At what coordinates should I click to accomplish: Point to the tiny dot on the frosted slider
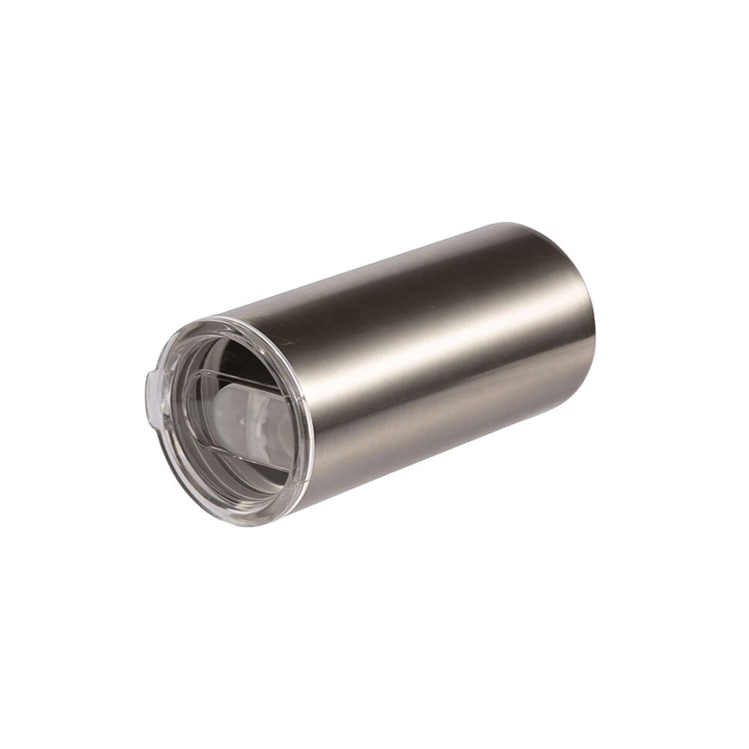click(241, 422)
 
